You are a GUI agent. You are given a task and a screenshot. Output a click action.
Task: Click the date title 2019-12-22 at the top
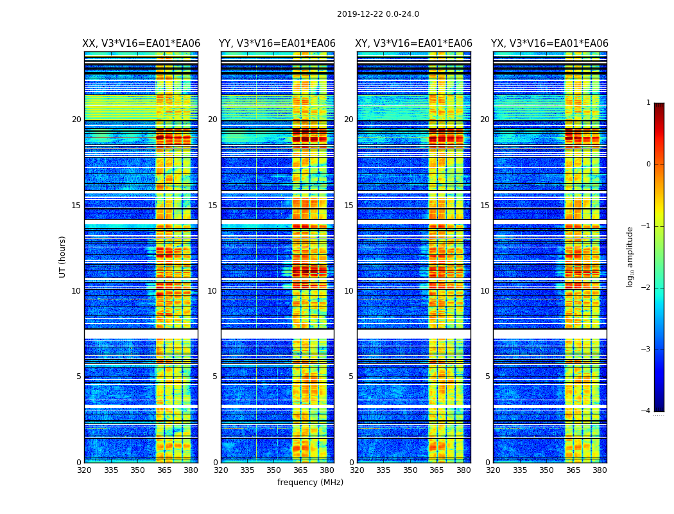tap(378, 14)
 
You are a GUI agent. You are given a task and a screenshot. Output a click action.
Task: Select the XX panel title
tap(141, 44)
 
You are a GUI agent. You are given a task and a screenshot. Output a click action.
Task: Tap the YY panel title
tap(277, 44)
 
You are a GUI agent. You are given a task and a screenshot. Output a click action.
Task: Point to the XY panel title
tap(413, 44)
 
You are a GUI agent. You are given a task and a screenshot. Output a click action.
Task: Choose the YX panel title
tap(549, 44)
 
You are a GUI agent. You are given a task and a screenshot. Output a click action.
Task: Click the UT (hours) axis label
tap(63, 256)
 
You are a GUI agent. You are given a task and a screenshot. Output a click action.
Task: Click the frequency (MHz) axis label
tap(310, 483)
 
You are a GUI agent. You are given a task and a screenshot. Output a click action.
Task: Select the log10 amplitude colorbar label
tap(630, 256)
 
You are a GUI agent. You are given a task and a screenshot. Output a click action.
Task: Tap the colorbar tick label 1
tap(648, 103)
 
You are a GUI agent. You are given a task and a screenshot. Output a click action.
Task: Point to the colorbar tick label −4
tap(646, 411)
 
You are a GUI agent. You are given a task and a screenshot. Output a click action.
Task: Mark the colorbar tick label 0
tap(648, 164)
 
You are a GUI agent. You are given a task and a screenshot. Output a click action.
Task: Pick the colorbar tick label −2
tap(646, 288)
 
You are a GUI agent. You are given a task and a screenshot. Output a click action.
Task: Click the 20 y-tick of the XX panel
tap(76, 120)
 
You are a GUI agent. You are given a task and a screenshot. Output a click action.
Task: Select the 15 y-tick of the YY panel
tap(212, 206)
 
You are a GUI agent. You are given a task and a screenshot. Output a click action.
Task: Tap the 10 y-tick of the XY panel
tap(349, 291)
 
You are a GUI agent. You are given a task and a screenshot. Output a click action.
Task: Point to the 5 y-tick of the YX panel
tap(487, 377)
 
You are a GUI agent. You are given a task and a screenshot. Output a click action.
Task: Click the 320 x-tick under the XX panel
tap(84, 470)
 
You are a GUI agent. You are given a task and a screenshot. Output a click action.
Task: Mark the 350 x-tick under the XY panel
tap(410, 470)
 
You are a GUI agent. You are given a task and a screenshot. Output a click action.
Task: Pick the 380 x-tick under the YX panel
tap(600, 470)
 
